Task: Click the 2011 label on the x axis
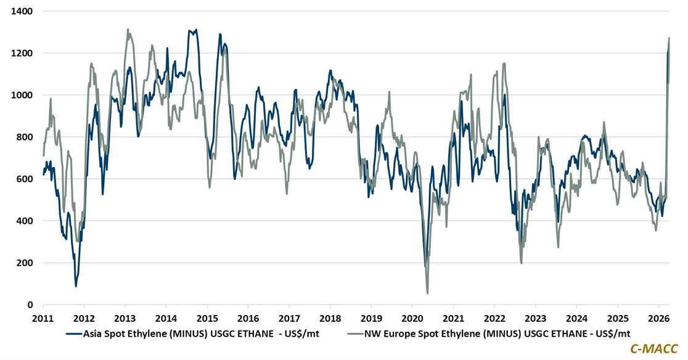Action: point(43,318)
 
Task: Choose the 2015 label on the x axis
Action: point(207,318)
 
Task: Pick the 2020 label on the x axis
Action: point(412,318)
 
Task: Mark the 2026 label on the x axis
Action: point(658,318)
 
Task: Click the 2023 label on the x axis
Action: point(535,318)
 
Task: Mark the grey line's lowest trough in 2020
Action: point(427,293)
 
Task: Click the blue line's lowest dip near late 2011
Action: point(76,286)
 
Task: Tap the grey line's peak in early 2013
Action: point(128,29)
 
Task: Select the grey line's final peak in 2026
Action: point(669,38)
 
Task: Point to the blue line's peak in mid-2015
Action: point(220,34)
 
